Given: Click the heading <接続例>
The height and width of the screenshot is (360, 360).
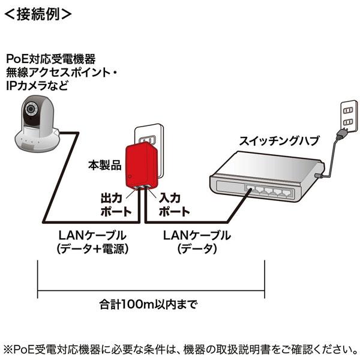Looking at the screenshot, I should tap(37, 13).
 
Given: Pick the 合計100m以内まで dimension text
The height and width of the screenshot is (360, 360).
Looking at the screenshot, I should tap(148, 303).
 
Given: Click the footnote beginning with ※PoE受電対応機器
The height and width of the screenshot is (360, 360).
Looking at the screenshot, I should tap(180, 348).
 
